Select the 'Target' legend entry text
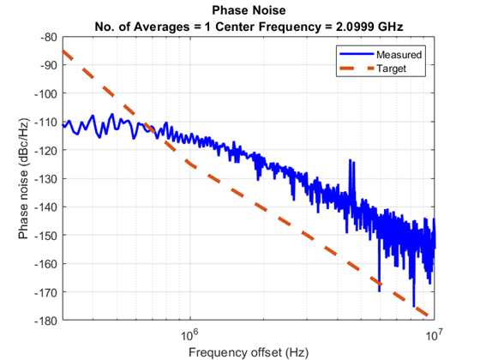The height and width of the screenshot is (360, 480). point(395,68)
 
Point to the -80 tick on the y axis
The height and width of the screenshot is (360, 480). point(50,38)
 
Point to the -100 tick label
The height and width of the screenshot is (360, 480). point(47,94)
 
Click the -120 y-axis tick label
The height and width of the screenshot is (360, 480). point(47,150)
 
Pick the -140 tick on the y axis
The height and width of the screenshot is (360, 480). point(47,207)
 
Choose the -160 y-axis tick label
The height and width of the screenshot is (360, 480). point(47,263)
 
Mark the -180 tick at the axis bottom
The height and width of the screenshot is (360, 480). point(47,320)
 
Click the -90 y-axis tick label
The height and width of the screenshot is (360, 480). point(50,66)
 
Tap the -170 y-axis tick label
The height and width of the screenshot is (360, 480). point(47,291)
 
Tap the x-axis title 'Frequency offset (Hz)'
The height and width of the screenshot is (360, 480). point(249,351)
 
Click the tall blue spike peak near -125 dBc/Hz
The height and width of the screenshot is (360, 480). point(350,160)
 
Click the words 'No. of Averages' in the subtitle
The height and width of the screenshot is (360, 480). point(143,24)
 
